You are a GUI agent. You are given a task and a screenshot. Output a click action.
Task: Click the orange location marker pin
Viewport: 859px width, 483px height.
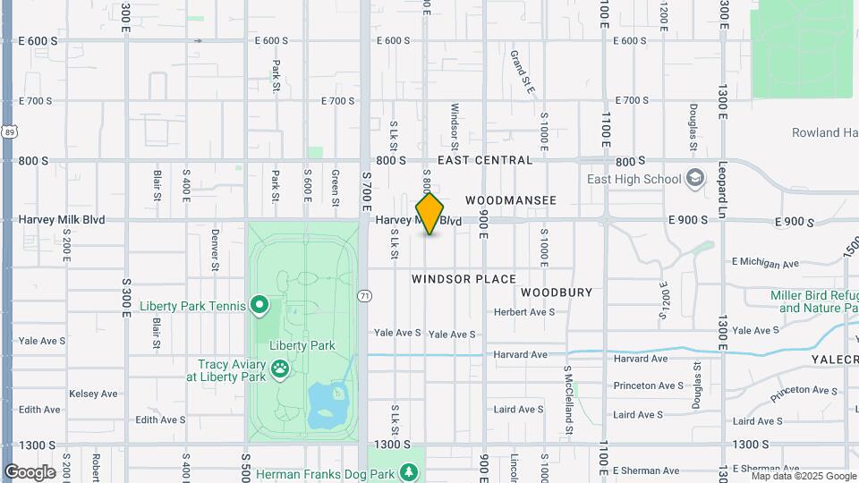(429, 213)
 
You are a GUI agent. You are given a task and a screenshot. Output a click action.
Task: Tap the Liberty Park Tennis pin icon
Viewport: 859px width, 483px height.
(260, 306)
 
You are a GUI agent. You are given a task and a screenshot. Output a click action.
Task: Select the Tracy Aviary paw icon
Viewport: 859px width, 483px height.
(280, 367)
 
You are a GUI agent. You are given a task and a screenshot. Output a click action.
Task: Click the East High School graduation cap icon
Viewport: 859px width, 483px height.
(695, 179)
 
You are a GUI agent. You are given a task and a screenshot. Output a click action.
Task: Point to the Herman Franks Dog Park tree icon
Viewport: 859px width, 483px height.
(409, 472)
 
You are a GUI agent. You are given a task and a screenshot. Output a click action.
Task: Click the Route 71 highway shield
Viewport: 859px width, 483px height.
(364, 295)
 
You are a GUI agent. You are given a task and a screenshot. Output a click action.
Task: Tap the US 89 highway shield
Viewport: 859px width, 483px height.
(9, 131)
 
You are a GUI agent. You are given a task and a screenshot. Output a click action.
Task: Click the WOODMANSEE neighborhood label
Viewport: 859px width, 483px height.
(511, 200)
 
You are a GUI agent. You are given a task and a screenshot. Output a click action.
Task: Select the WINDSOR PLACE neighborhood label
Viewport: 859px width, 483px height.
(464, 279)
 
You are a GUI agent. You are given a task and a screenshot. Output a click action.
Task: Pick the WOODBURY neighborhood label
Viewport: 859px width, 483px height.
(557, 292)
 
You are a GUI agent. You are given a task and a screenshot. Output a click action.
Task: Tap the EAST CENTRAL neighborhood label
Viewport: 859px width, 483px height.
(485, 160)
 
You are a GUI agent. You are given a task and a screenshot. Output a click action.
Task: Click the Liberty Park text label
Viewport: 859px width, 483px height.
(302, 345)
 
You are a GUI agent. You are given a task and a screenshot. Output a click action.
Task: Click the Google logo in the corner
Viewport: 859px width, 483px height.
(30, 471)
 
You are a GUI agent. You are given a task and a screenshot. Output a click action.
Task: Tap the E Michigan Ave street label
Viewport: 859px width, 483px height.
(765, 263)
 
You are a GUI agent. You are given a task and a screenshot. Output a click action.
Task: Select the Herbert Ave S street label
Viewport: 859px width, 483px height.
(524, 312)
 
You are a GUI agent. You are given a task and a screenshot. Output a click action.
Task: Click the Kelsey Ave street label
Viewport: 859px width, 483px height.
(93, 394)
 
